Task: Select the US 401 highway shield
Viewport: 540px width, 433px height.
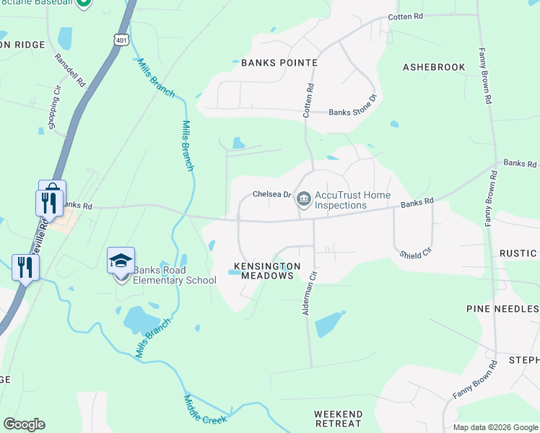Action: tap(121, 39)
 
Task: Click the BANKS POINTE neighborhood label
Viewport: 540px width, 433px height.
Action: tap(279, 63)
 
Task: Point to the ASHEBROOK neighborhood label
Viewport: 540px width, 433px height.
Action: tap(434, 67)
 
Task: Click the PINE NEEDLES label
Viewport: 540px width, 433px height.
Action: tap(502, 309)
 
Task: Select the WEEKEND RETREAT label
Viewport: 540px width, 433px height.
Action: tap(338, 419)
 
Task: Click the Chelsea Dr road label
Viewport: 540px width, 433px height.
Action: tap(271, 194)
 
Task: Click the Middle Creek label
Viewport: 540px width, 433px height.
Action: tap(205, 412)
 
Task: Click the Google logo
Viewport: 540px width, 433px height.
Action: tap(24, 424)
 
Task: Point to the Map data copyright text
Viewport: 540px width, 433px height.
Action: tap(496, 427)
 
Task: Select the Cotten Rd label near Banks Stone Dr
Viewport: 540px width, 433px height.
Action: tap(308, 100)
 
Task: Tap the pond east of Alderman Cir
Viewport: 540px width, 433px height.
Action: tap(329, 323)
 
